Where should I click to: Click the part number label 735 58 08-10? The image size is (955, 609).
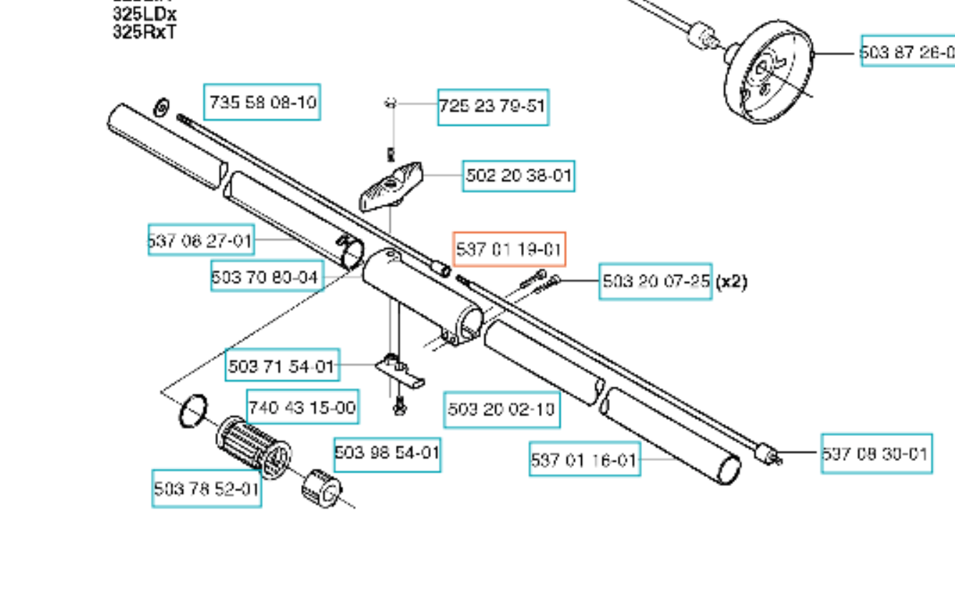click(262, 102)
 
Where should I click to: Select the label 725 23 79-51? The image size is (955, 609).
click(493, 107)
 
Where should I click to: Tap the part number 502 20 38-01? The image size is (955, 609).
click(519, 176)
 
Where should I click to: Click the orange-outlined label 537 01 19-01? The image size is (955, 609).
click(509, 249)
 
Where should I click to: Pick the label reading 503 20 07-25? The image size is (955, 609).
click(655, 281)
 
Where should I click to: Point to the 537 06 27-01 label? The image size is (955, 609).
click(201, 240)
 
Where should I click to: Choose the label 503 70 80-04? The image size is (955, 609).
click(267, 276)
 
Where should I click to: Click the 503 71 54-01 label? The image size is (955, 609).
click(282, 367)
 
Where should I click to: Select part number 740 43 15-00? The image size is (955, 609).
click(302, 407)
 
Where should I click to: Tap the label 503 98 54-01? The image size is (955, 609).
click(387, 454)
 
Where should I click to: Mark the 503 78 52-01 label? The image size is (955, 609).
click(207, 489)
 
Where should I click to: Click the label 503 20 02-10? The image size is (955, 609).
click(501, 410)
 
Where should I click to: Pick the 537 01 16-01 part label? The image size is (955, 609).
click(584, 460)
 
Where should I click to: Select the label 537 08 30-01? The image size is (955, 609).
click(876, 454)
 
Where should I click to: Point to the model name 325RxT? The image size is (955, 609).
click(144, 32)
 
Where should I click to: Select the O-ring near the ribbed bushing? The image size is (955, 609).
click(192, 411)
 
